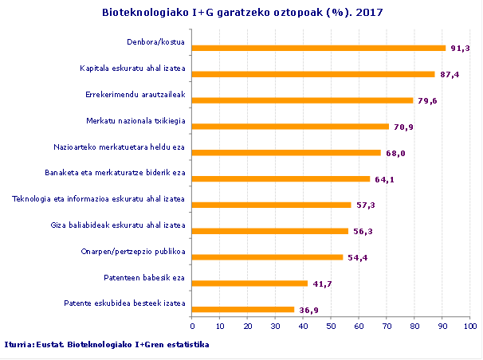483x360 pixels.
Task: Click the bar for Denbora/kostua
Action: [319, 48]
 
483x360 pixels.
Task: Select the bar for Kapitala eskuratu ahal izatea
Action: [314, 74]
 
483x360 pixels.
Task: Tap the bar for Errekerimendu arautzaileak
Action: [303, 100]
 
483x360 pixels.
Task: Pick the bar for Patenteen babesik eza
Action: [250, 283]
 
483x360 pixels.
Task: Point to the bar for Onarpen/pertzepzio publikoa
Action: [268, 257]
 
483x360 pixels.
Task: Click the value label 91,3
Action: [460, 49]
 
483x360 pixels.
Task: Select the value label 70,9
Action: [403, 127]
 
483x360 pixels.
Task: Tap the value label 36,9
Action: [308, 310]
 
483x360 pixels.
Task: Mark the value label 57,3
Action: [365, 205]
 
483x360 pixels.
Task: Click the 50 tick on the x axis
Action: [331, 325]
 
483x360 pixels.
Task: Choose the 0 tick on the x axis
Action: [192, 325]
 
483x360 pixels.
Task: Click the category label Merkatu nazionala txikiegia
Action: [135, 121]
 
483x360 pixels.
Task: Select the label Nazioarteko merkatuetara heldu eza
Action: [120, 147]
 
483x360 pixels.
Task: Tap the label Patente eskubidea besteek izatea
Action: [124, 303]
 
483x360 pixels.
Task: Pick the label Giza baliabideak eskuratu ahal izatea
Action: [117, 225]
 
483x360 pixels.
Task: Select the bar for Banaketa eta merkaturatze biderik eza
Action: [281, 178]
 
